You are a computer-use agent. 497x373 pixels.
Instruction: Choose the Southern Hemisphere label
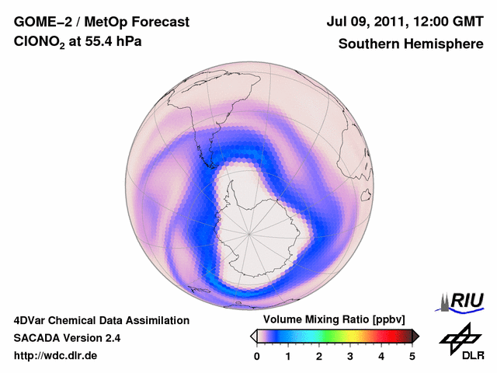411,44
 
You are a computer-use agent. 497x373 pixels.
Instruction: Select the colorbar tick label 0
257,356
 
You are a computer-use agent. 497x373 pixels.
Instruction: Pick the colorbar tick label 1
288,356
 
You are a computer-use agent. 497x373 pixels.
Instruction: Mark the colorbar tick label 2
319,356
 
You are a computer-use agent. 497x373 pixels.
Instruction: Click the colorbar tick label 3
350,356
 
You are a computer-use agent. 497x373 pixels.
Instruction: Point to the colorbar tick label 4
381,356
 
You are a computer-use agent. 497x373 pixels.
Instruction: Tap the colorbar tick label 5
412,356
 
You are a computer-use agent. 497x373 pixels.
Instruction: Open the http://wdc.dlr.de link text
56,356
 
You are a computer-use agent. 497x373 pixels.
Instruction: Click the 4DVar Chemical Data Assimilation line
101,320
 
